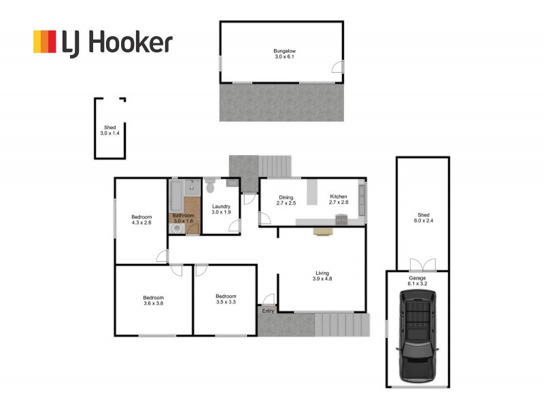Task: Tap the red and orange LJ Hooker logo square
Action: click(45, 41)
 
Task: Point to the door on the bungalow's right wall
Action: click(337, 67)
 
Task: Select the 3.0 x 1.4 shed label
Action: click(109, 133)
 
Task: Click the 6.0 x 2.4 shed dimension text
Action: click(422, 220)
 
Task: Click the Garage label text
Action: click(417, 278)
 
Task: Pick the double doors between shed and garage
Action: click(421, 265)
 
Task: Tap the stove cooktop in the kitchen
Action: click(341, 218)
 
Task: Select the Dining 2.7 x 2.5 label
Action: click(286, 200)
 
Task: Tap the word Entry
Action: click(269, 311)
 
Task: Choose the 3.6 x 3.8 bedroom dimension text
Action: click(153, 304)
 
